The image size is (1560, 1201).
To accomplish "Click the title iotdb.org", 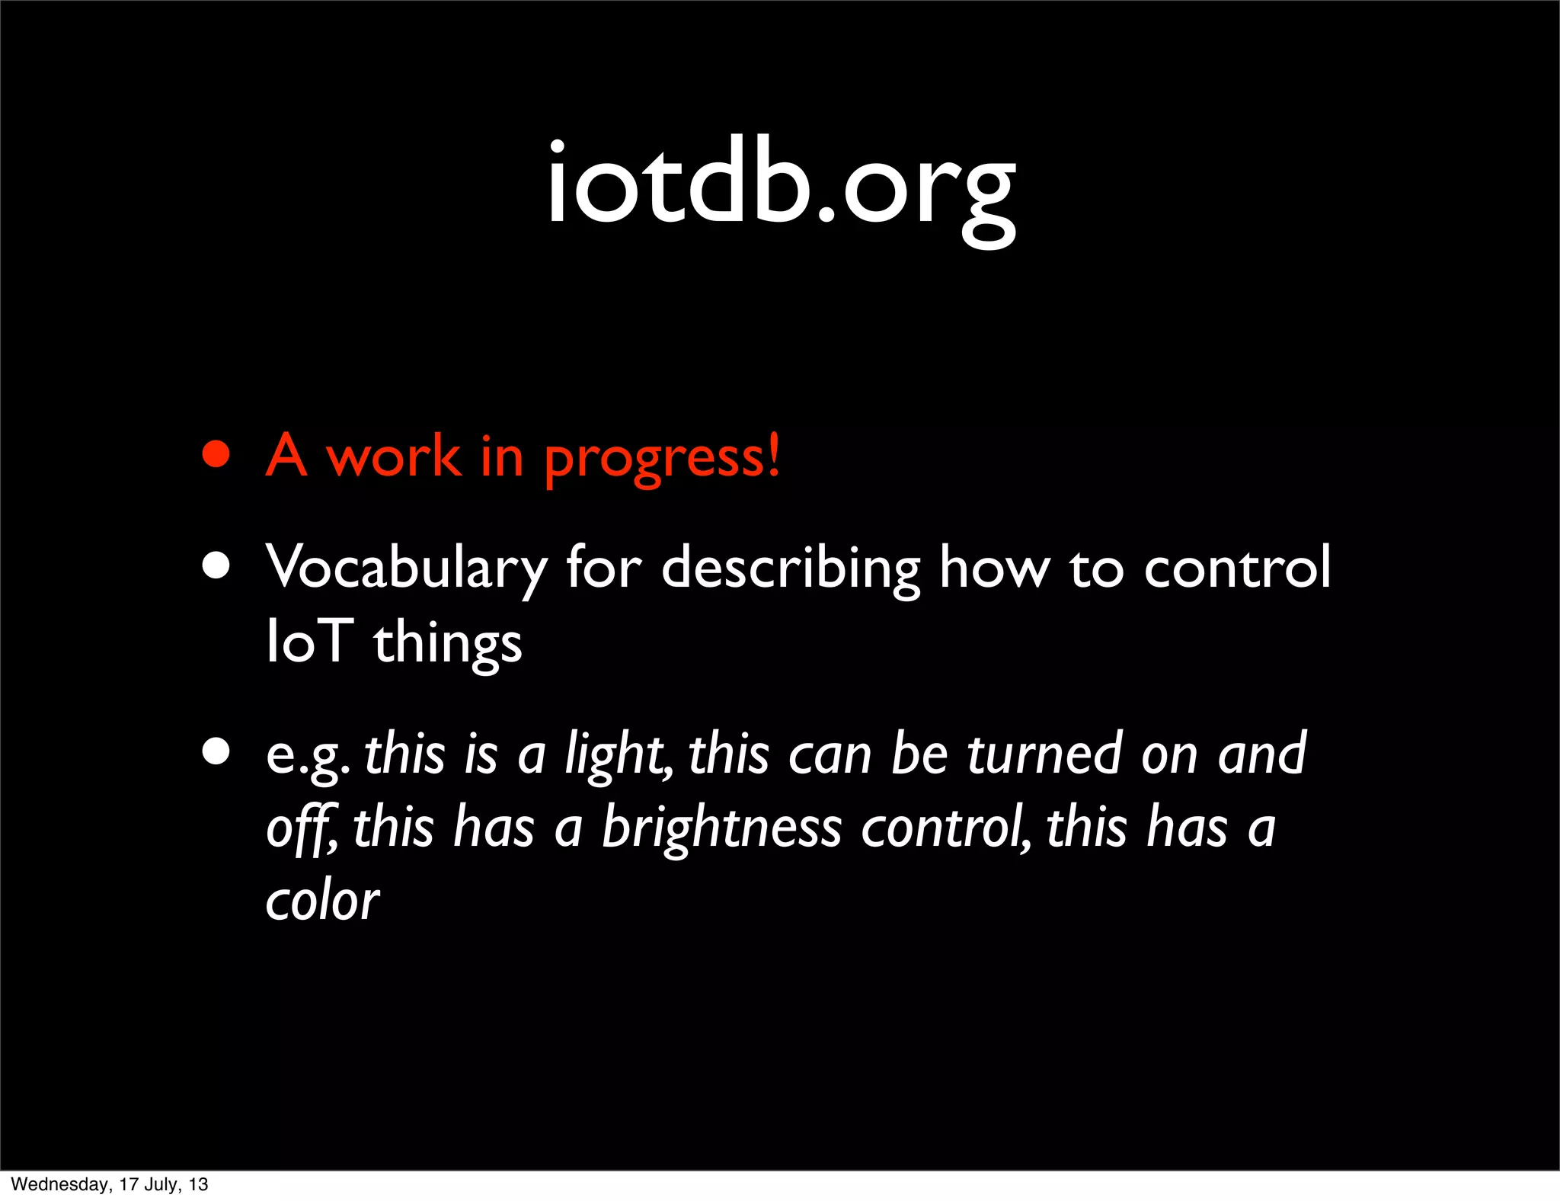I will click(x=781, y=187).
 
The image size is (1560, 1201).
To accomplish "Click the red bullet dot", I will click(x=216, y=455).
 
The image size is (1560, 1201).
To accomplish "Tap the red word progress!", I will click(x=662, y=458).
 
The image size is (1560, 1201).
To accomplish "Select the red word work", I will click(x=393, y=456).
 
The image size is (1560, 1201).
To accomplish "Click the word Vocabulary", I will click(x=406, y=568).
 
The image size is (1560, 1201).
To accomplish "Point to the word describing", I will click(x=790, y=568).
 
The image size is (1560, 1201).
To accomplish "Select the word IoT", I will click(x=309, y=642).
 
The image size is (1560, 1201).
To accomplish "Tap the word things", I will click(x=447, y=643).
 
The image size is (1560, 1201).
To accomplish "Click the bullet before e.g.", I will click(x=216, y=751).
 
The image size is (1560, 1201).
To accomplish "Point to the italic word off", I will click(x=299, y=828).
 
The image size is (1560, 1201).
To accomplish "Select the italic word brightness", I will click(x=721, y=828).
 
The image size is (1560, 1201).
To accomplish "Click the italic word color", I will click(x=322, y=901).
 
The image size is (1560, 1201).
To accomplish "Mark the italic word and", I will click(x=1261, y=754).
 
